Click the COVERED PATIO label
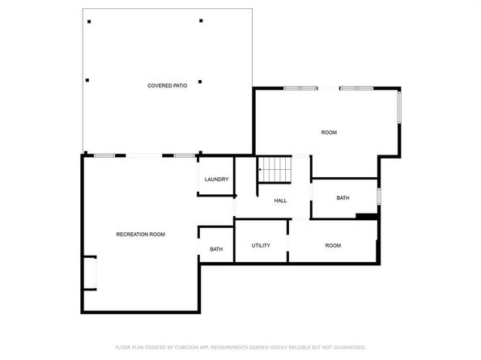coord(168,85)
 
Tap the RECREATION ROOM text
coord(140,234)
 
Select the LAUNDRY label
coord(216,179)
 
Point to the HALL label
coord(280,201)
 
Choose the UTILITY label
coord(261,245)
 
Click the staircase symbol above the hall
coord(275,170)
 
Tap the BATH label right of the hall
coord(343,197)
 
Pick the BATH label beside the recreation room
coord(216,249)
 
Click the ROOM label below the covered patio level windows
coord(329,132)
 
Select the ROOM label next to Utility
coord(333,245)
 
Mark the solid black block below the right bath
coord(367,216)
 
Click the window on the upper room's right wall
coord(398,107)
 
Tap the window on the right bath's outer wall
coord(378,197)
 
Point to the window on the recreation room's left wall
coord(92,273)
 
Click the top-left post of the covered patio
coord(89,21)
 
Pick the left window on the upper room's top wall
coord(300,88)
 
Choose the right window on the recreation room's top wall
coord(184,155)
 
